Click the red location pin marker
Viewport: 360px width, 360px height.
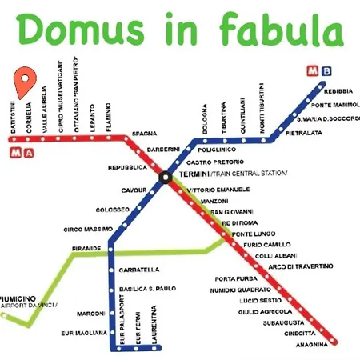pos(25,80)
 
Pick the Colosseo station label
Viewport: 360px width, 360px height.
pos(112,209)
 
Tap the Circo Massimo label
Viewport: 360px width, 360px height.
pos(90,230)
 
